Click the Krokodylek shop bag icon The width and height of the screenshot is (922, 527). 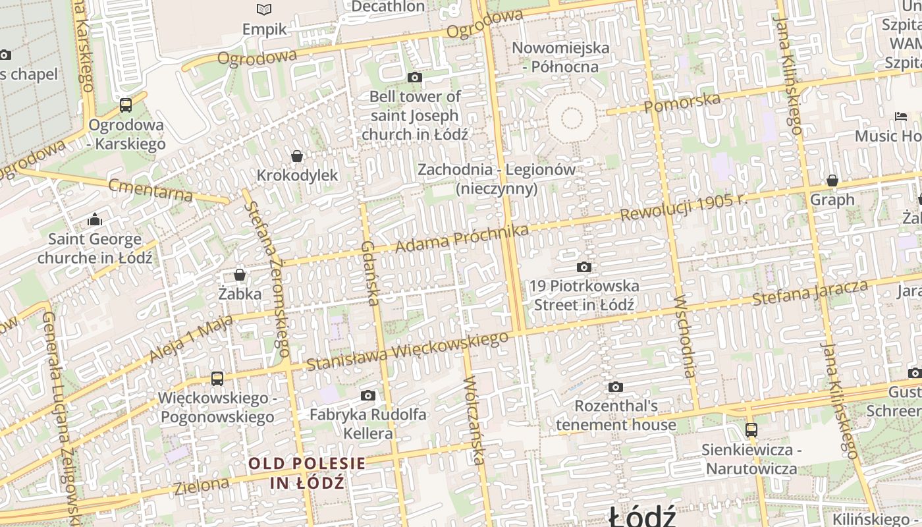coord(297,156)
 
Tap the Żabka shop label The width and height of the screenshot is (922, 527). coord(240,294)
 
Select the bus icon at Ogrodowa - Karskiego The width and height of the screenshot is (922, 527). coord(126,105)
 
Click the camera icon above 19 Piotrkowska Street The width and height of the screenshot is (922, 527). coord(583,267)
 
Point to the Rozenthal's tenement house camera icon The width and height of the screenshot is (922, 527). coord(616,387)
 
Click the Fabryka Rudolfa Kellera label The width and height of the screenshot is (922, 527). coord(368,424)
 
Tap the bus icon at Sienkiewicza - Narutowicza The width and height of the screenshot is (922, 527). coord(751,430)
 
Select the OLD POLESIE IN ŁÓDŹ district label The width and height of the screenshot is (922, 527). coord(307,472)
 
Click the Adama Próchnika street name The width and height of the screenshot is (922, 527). coord(462,238)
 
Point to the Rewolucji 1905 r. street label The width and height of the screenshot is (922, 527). coord(682,207)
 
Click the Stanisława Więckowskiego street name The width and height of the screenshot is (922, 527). coord(407,351)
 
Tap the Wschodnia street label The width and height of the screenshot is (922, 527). coord(685,336)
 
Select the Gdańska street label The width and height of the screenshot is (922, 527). coord(369,273)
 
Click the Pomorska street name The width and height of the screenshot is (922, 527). coord(682,102)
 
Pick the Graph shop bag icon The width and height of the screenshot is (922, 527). coord(832,180)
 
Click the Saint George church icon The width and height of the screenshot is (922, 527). coord(95,219)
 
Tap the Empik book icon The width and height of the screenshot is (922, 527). coord(264,9)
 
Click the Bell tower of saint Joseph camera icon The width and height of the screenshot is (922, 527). coord(414,78)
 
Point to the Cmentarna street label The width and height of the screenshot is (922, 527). coord(151,190)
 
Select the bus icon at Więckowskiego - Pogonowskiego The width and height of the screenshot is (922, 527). coord(217,379)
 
